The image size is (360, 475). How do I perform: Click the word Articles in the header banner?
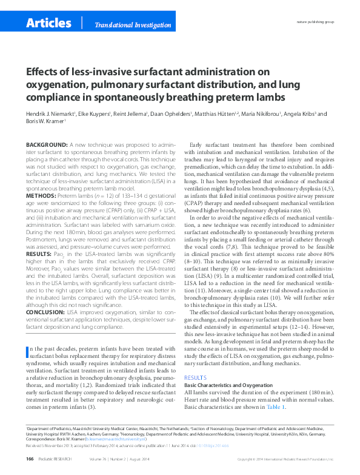(x=49, y=23)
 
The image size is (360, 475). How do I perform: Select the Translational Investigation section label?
(x=132, y=25)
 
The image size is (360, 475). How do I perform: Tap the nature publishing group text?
(x=315, y=21)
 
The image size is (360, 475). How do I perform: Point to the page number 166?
(x=30, y=459)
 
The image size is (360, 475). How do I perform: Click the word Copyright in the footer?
(x=247, y=460)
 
